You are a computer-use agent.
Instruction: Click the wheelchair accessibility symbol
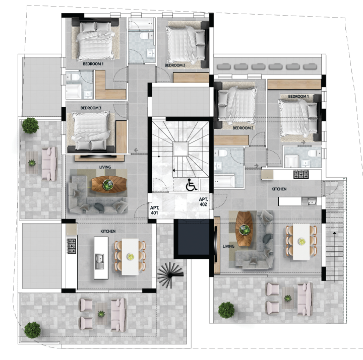192,184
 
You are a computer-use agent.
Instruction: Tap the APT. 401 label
154,210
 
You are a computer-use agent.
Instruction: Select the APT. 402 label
204,201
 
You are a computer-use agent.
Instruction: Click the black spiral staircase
170,274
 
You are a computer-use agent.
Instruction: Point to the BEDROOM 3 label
91,108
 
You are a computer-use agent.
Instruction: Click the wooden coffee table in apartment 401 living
109,184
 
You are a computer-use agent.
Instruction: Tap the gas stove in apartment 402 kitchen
301,174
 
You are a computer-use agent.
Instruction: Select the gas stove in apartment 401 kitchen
72,246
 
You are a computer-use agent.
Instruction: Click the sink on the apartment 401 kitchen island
99,261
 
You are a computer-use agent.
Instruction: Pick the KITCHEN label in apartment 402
279,189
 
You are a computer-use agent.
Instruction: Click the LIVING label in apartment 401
105,167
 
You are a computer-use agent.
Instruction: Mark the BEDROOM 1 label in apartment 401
93,64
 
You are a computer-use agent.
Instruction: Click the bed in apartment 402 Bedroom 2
235,105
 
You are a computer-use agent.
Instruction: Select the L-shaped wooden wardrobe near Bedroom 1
110,85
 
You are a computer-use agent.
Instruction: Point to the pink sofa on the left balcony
49,164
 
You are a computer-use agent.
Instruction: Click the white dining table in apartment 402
301,241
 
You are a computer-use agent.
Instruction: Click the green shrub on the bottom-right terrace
226,310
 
